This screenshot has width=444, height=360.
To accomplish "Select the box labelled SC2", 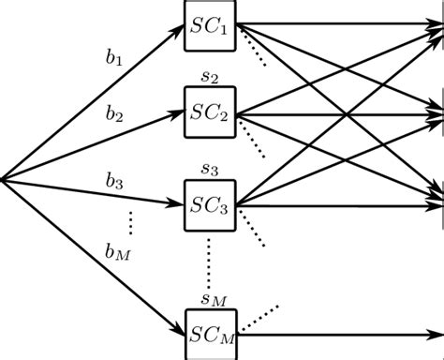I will point(211,112).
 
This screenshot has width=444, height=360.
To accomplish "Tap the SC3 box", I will point(211,203).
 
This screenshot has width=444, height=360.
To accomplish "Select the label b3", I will point(114,182).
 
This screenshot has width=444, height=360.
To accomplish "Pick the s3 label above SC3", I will point(210,170).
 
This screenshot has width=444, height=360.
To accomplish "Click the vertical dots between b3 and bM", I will point(131,223).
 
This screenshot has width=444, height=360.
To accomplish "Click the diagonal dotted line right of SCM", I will point(263,313).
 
